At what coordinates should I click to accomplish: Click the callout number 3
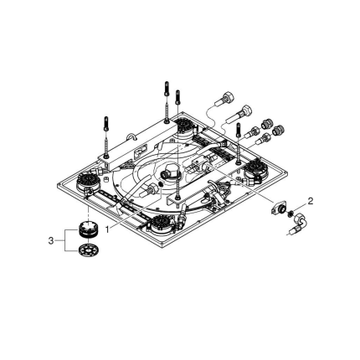point(52,240)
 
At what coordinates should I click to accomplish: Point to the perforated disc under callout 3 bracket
point(85,250)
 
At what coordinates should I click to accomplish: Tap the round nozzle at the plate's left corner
point(87,181)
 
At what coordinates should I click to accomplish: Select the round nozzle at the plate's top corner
point(184,127)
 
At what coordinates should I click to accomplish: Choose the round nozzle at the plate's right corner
point(255,172)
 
